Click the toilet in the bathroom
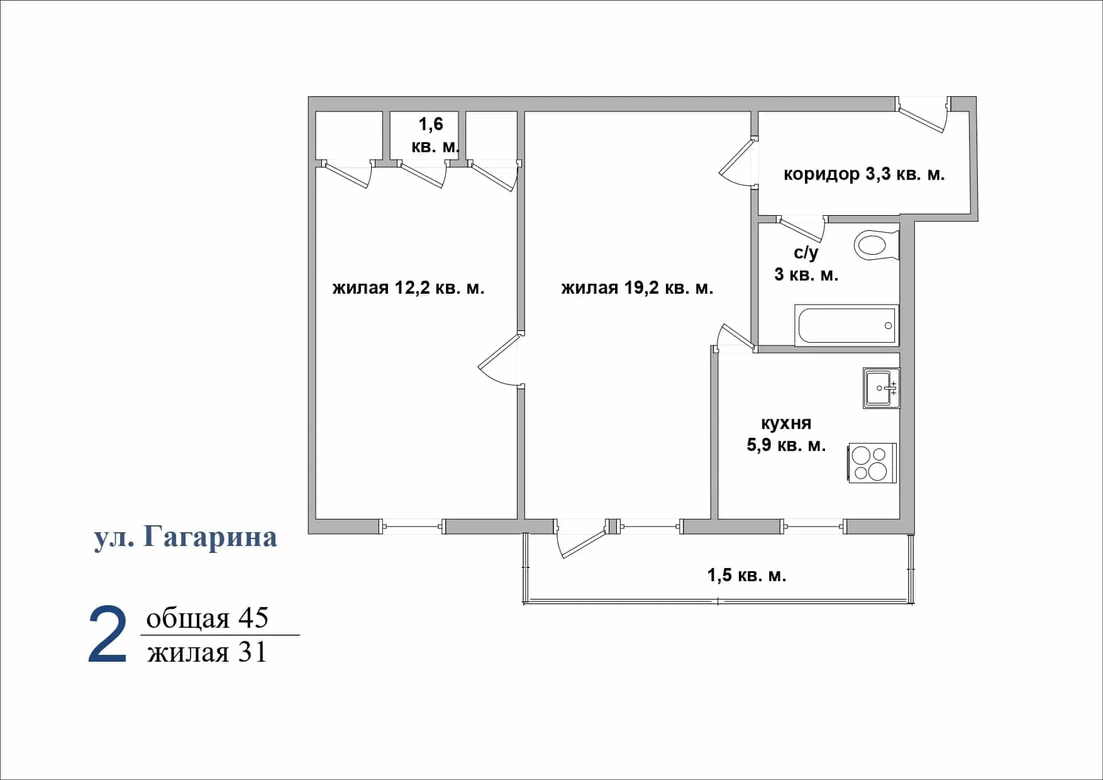pyautogui.click(x=877, y=245)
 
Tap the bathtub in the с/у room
pyautogui.click(x=846, y=325)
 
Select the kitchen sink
pyautogui.click(x=882, y=388)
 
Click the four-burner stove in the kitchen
pyautogui.click(x=873, y=463)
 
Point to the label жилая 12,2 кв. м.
pyautogui.click(x=408, y=288)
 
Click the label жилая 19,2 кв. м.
pyautogui.click(x=637, y=288)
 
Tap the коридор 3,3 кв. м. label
pyautogui.click(x=864, y=174)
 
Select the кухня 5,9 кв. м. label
pyautogui.click(x=786, y=434)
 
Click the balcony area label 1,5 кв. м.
pyautogui.click(x=747, y=575)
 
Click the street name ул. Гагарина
pyautogui.click(x=186, y=537)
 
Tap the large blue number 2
pyautogui.click(x=108, y=635)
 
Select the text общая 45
pyautogui.click(x=207, y=618)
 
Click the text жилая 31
pyautogui.click(x=207, y=652)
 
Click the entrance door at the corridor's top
pyautogui.click(x=923, y=115)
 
